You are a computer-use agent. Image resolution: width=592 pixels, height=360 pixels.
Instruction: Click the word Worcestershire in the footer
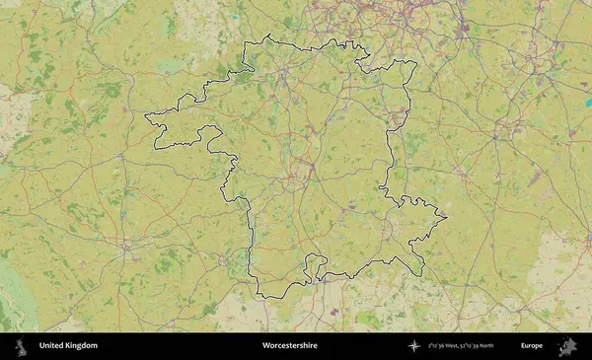point(290,346)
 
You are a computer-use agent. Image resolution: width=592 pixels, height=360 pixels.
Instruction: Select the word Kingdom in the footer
point(83,346)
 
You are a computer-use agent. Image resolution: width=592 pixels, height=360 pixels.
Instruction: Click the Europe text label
point(532,346)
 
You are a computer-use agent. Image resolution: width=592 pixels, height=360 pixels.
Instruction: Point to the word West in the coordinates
point(458,346)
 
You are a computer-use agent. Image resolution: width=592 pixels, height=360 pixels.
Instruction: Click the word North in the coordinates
point(511,346)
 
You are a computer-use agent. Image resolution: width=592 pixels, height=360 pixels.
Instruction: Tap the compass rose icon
point(414,346)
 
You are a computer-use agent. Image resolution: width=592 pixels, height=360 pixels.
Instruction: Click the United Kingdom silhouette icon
point(20,346)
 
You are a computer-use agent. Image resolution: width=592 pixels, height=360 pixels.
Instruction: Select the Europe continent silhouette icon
point(566,346)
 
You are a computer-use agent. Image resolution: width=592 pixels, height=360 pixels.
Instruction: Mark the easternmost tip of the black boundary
point(447,217)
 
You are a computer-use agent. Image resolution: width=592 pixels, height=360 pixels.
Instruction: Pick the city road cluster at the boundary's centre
point(293,181)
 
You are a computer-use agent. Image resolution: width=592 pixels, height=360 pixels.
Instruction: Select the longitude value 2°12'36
point(438,346)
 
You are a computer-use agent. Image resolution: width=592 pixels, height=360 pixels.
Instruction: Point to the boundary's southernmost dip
point(261,295)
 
